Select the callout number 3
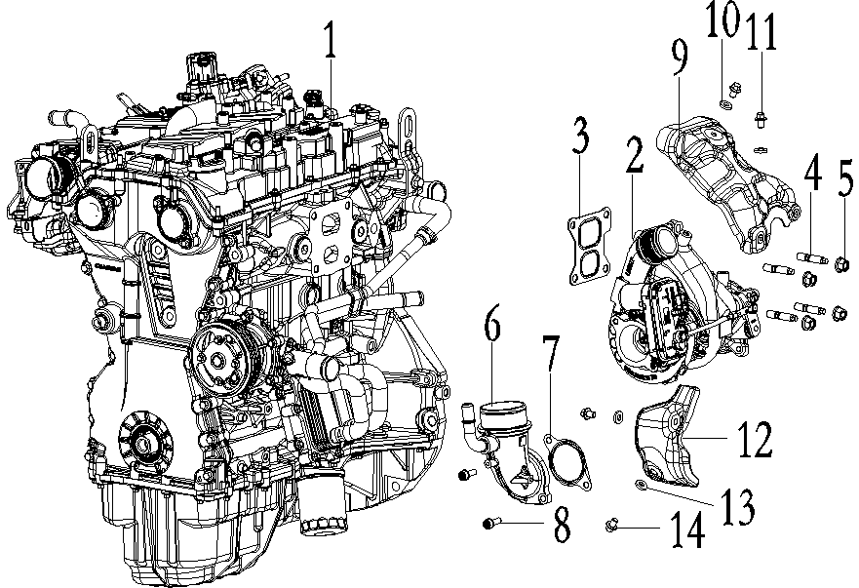[x=580, y=138]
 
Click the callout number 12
[x=755, y=441]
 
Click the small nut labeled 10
[x=725, y=100]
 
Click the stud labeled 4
[x=811, y=258]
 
